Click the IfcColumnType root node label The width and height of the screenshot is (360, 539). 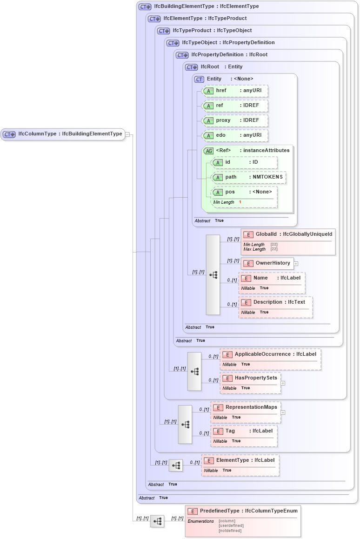pos(70,134)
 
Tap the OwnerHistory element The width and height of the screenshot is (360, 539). pos(268,263)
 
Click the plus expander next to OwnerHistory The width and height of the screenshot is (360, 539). pos(296,263)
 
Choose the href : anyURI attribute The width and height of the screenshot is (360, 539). pos(235,91)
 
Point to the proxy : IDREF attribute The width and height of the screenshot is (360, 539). pos(235,120)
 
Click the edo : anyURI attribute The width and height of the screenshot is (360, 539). pos(235,135)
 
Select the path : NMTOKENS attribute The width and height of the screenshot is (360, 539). pos(248,177)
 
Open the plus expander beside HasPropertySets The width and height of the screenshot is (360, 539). pos(283,383)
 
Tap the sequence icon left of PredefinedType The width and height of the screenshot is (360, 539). pos(157,521)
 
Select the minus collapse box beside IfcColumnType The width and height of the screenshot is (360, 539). pos(127,134)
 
